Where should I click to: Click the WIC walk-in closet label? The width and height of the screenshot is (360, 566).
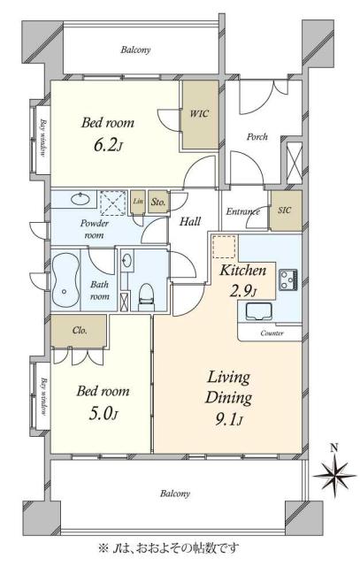[x=199, y=114]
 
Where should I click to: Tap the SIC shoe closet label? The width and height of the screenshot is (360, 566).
[x=285, y=210]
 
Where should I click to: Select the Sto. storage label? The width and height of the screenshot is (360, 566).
[x=158, y=202]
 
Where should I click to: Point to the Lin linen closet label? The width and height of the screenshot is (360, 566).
[x=138, y=202]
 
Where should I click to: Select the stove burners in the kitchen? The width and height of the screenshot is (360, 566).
[x=288, y=279]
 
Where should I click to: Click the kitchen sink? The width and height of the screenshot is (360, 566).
[x=259, y=312]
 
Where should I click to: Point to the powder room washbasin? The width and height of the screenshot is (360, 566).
[x=80, y=199]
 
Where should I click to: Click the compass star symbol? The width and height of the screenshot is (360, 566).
[x=334, y=476]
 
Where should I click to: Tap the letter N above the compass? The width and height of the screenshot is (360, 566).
[x=334, y=448]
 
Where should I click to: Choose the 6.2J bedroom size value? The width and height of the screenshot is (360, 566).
[x=108, y=145]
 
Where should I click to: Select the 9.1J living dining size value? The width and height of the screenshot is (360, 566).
[x=229, y=420]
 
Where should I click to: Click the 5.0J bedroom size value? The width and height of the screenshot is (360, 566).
[x=103, y=413]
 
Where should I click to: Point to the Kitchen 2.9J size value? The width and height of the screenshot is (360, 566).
[x=243, y=291]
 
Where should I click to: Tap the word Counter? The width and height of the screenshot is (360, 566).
[x=272, y=333]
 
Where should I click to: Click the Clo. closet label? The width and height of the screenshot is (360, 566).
[x=80, y=330]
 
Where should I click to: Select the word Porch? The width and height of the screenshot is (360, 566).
[x=257, y=137]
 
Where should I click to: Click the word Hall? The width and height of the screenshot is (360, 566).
[x=190, y=221]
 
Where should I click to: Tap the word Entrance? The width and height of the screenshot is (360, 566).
[x=242, y=211]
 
